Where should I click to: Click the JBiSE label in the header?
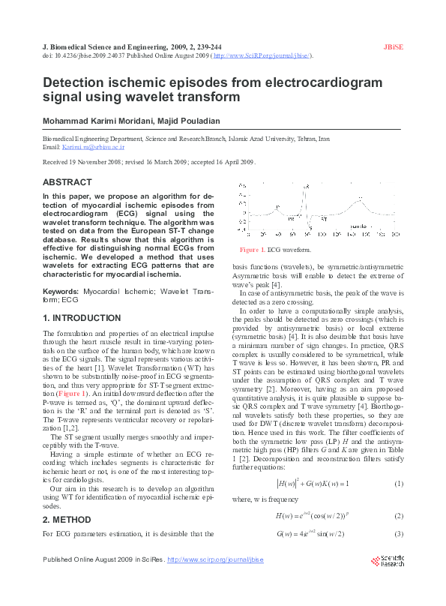coord(394,46)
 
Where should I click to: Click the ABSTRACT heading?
coord(67,182)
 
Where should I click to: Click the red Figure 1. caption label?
coord(252,249)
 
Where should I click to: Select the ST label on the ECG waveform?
coord(324,220)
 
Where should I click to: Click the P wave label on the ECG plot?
coord(278,206)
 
